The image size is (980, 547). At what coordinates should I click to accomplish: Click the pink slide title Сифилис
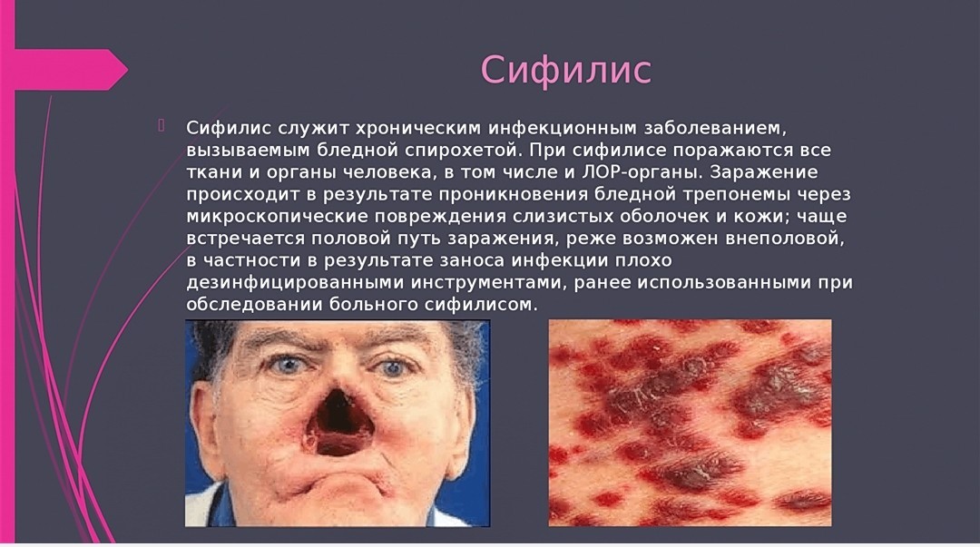(565, 69)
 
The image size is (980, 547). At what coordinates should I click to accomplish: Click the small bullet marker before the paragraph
(162, 125)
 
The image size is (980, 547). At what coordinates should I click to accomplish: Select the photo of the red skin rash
(690, 423)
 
